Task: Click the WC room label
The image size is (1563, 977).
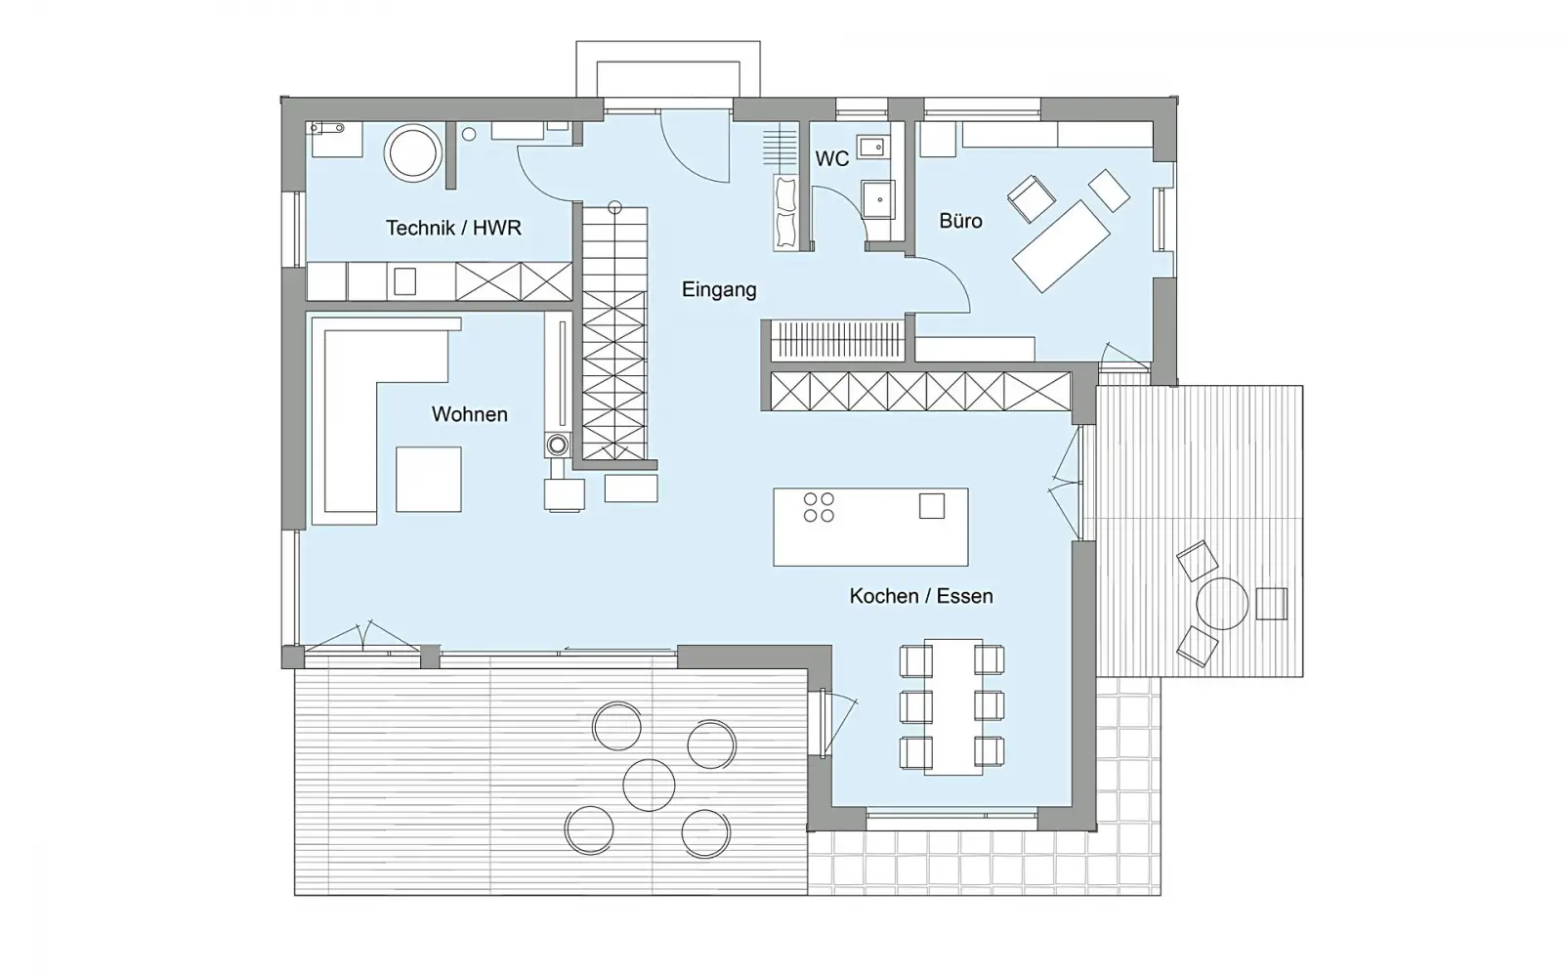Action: point(831,159)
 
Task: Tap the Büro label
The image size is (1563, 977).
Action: point(960,221)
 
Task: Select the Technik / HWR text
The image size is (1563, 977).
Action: point(453,229)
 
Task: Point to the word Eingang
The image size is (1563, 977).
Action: point(719,289)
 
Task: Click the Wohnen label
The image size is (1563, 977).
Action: point(470,414)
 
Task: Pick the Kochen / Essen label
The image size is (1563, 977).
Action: point(921,596)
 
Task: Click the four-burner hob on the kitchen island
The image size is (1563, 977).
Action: point(819,507)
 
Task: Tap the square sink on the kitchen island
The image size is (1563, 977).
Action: point(932,506)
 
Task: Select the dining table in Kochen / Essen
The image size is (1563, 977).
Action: point(953,707)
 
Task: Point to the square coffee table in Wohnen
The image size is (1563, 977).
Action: point(429,480)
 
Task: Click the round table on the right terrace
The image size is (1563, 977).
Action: point(1222,604)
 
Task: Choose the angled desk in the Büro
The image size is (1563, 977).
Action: point(1061,246)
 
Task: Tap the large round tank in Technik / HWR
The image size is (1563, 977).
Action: point(412,153)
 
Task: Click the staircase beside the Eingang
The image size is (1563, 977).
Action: point(614,333)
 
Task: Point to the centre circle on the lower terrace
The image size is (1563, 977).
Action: point(649,786)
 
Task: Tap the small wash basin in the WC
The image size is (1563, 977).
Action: point(872,148)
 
